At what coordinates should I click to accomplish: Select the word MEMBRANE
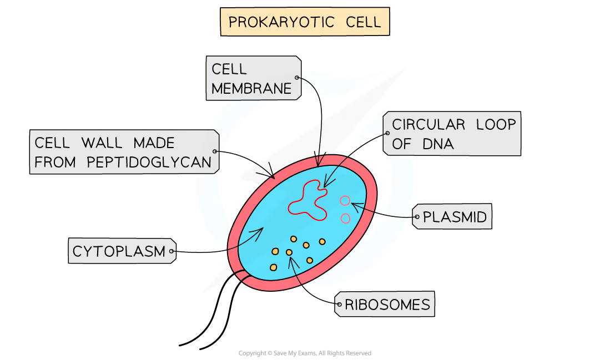[x=251, y=88]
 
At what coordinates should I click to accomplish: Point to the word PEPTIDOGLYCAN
[x=149, y=163]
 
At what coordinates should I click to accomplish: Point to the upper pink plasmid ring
[x=345, y=201]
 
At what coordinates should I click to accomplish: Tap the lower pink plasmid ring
[x=345, y=219]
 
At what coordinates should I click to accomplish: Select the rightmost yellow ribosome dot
[x=322, y=241]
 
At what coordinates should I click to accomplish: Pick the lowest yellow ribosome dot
[x=274, y=267]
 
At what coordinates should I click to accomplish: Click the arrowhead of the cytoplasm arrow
[x=263, y=230]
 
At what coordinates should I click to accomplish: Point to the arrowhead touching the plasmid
[x=354, y=206]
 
